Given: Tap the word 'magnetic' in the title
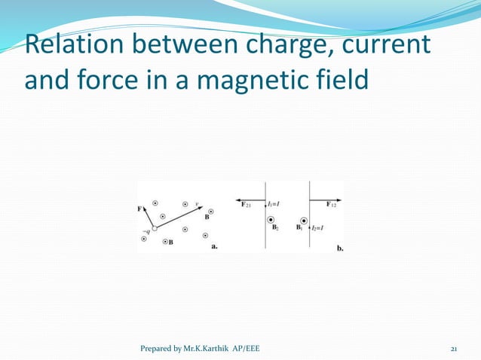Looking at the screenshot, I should click(x=250, y=78).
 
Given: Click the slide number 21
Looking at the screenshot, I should click(x=455, y=349).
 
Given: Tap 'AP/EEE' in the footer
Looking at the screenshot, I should click(x=246, y=349).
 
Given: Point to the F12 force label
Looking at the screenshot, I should click(x=332, y=204).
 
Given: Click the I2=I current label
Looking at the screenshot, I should click(x=318, y=227).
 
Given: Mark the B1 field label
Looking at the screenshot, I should click(x=299, y=227).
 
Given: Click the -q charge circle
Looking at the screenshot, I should click(x=154, y=228).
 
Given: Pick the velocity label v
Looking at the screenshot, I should click(x=197, y=203).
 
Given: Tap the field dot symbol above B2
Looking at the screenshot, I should click(x=272, y=220).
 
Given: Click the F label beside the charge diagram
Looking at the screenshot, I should click(x=140, y=209).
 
